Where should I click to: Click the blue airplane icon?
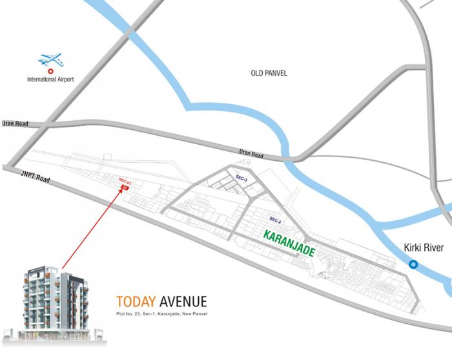pos(50,60)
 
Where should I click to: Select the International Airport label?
pos(50,79)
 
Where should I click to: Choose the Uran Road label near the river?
pos(251,154)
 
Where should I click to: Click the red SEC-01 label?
pos(125,182)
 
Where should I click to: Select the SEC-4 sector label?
pos(276,220)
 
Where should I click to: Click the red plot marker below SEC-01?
pos(125,187)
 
